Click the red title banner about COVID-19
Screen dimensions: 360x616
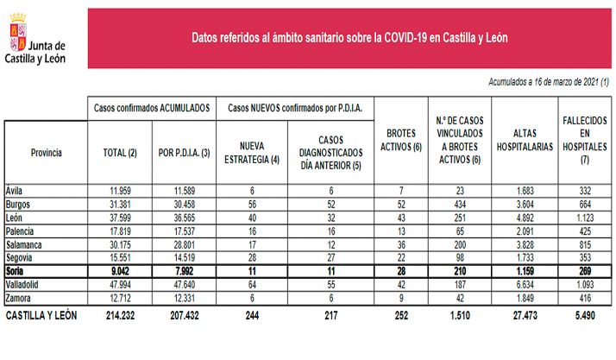pos(349,38)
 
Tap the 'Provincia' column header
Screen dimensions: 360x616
pos(46,152)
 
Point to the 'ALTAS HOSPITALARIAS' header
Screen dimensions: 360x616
pos(525,142)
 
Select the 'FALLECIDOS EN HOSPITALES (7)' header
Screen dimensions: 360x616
pos(584,142)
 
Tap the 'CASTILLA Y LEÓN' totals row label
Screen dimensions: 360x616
pos(42,317)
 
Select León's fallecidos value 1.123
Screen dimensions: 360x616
pos(584,218)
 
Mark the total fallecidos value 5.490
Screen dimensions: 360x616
pos(584,317)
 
